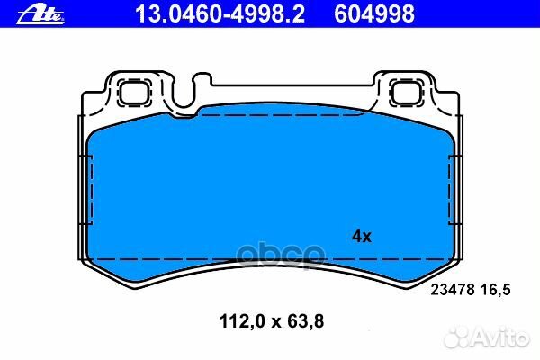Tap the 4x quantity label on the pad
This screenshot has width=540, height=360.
[360, 237]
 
